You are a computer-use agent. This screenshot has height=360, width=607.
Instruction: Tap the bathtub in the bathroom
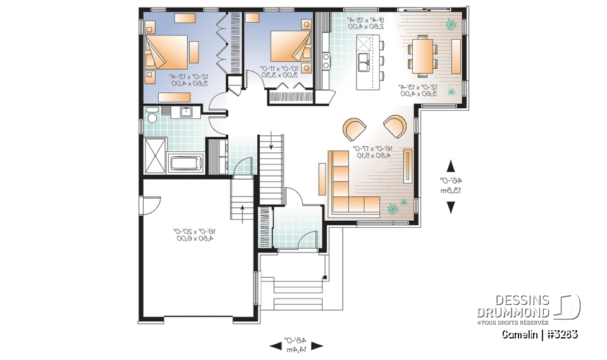coord(186,164)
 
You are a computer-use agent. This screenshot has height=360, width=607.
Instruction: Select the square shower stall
coord(155,155)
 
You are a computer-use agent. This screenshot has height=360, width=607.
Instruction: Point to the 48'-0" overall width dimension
coord(296,345)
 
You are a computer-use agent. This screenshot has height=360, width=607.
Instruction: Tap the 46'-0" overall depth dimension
coord(451,186)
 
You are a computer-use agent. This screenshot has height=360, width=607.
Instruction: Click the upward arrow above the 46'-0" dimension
coord(451,166)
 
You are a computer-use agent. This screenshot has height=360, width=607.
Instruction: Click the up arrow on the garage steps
coord(243,211)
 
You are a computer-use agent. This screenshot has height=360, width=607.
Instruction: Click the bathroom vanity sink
coord(186,113)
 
